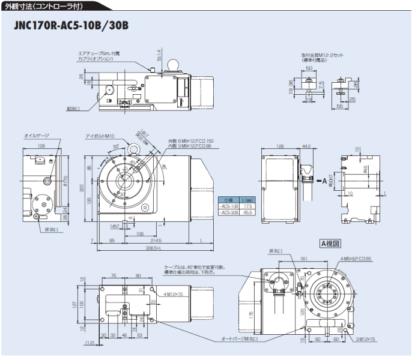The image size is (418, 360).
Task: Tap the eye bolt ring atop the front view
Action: [x=133, y=146]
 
